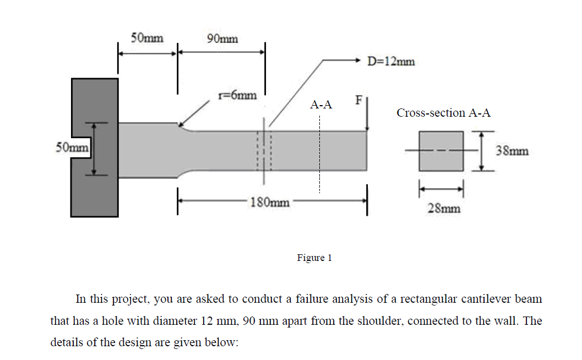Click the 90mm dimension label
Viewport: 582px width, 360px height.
(x=222, y=38)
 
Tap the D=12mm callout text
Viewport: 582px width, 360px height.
(x=391, y=61)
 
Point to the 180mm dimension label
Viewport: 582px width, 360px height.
(x=270, y=203)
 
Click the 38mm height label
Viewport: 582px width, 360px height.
(x=513, y=150)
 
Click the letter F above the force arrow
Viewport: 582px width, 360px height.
(x=359, y=101)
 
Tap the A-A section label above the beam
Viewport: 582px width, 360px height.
(x=321, y=104)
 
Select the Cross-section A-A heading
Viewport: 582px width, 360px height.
(x=443, y=113)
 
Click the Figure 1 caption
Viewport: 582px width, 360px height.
(x=314, y=258)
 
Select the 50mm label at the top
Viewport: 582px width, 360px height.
(x=147, y=38)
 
